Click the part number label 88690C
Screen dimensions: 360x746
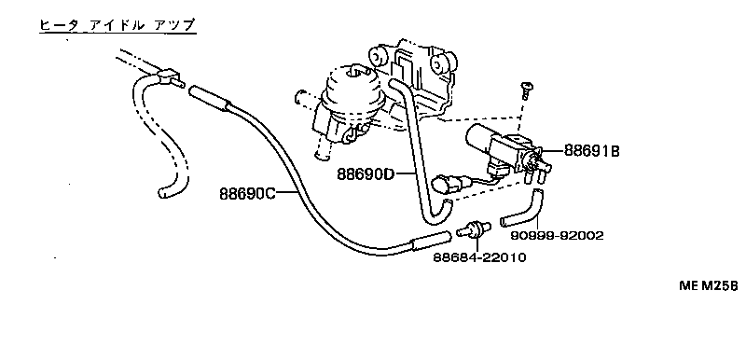tap(248, 195)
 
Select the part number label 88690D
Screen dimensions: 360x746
tap(365, 173)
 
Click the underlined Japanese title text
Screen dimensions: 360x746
tap(117, 26)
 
